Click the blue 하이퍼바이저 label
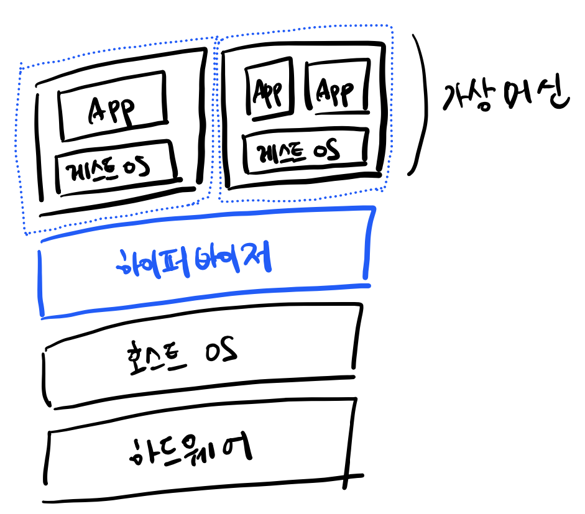tap(193, 262)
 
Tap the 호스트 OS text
tap(180, 355)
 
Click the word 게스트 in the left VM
tap(91, 168)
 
